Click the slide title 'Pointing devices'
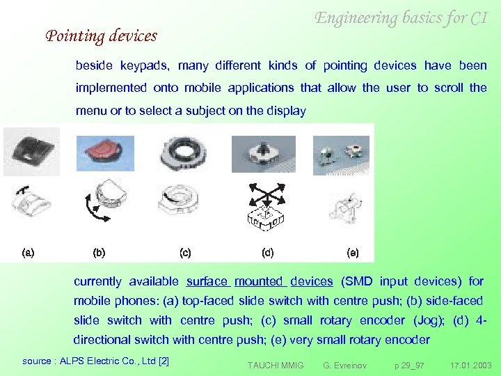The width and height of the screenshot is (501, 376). click(102, 36)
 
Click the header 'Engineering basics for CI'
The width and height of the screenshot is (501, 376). click(401, 19)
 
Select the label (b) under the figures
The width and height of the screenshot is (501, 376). click(99, 253)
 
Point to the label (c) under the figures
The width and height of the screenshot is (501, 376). click(185, 253)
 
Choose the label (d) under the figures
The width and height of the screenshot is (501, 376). click(267, 253)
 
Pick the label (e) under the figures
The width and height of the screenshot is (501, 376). click(353, 253)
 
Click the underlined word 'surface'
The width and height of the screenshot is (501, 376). click(207, 281)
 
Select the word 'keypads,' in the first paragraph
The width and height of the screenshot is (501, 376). click(145, 65)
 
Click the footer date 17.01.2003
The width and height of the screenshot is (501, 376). click(470, 365)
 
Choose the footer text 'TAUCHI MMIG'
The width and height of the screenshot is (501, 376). click(276, 365)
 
